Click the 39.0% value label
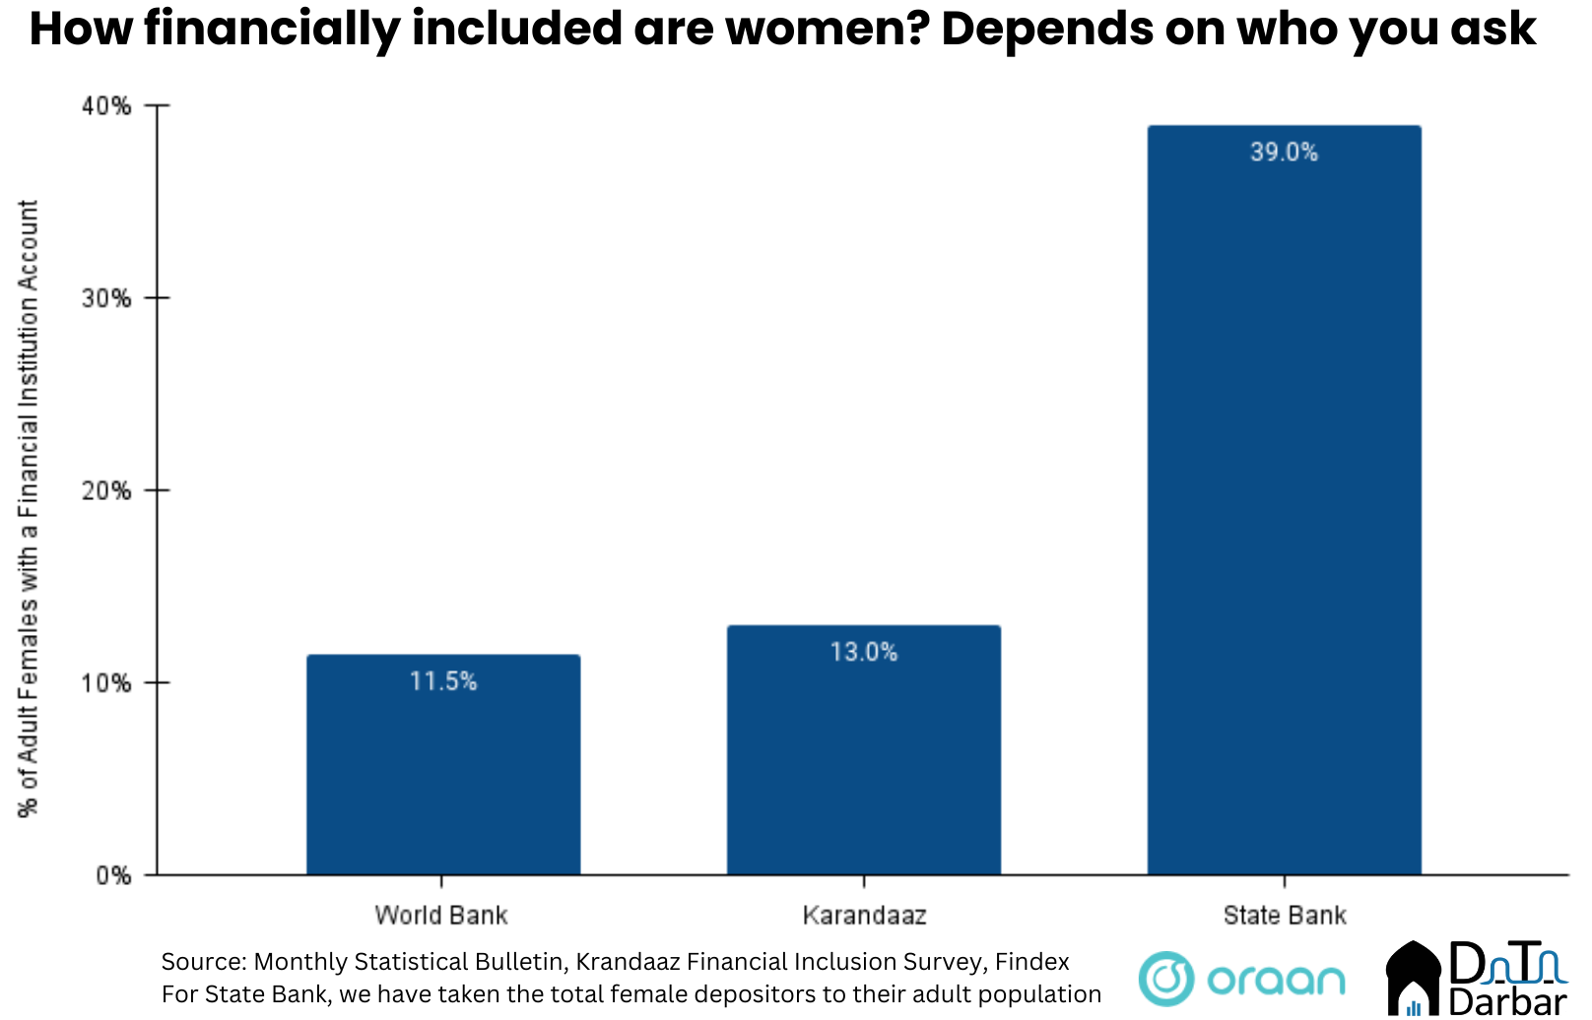point(1284,152)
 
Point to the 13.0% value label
point(863,652)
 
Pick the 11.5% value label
point(442,681)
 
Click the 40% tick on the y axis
point(106,105)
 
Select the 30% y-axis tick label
point(106,298)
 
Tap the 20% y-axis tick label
point(106,490)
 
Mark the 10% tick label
point(106,682)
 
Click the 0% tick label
point(112,875)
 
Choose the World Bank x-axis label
point(440,916)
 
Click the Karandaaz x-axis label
point(864,916)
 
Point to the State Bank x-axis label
point(1284,916)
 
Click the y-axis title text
point(29,508)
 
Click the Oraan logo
point(1241,979)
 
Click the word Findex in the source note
point(1031,962)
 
